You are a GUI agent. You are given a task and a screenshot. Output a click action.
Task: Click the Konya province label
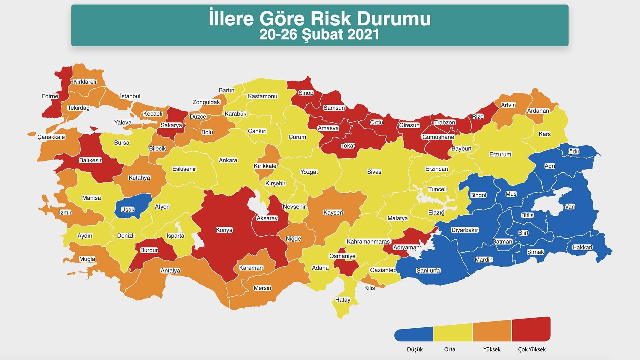pyautogui.click(x=224, y=230)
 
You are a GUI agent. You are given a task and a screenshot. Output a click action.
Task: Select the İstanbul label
pyautogui.click(x=130, y=96)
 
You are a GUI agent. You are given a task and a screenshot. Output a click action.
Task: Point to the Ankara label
pyautogui.click(x=228, y=160)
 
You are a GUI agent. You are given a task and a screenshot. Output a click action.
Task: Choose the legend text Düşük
pyautogui.click(x=415, y=349)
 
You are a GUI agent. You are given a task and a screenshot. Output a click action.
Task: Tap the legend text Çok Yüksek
pyautogui.click(x=532, y=349)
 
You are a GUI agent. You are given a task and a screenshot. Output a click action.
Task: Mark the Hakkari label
pyautogui.click(x=582, y=247)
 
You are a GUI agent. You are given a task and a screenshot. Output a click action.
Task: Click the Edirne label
pyautogui.click(x=50, y=96)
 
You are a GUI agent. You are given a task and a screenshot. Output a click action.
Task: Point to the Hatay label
pyautogui.click(x=343, y=300)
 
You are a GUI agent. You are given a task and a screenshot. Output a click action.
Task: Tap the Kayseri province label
pyautogui.click(x=333, y=213)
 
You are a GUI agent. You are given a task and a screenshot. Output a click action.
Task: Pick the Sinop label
pyautogui.click(x=306, y=93)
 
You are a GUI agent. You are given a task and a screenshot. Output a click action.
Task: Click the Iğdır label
pyautogui.click(x=573, y=152)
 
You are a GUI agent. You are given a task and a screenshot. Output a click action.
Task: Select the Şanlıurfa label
pyautogui.click(x=428, y=270)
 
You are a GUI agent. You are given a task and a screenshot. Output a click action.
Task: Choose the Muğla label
pyautogui.click(x=87, y=259)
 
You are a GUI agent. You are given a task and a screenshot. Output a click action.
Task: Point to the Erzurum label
pyautogui.click(x=500, y=154)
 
